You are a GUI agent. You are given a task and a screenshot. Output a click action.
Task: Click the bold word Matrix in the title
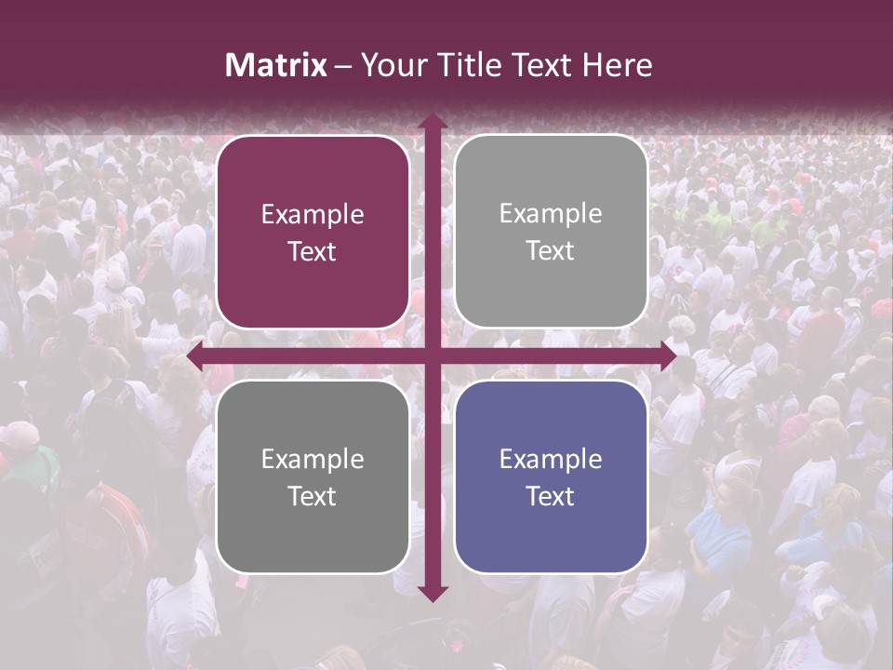276,65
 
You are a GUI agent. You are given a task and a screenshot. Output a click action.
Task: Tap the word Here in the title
618,65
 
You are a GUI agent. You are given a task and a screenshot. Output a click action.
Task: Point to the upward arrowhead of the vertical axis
432,120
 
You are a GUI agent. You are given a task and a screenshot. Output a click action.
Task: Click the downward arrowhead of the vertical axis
432,593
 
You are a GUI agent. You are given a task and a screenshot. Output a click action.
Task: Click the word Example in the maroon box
313,215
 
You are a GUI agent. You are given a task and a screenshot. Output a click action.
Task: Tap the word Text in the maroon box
313,252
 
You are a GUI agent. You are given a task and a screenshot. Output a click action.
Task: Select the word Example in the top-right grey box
551,214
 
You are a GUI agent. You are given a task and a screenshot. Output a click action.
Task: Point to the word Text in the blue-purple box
551,496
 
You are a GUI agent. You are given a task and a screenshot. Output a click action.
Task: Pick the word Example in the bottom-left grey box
313,459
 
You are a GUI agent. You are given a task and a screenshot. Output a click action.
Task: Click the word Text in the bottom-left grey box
313,496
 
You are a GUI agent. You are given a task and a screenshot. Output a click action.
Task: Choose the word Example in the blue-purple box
551,459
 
